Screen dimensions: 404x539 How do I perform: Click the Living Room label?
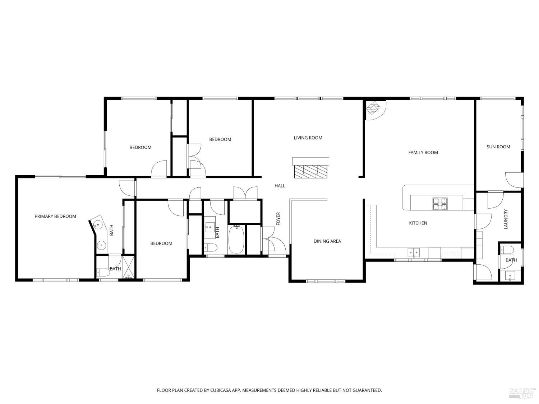308,138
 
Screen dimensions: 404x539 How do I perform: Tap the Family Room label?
423,153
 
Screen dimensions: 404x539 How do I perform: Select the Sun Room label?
498,147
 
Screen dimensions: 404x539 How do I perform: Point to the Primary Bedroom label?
55,217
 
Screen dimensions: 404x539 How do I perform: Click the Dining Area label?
327,241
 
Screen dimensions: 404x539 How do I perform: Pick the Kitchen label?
418,223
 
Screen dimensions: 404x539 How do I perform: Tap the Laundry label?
506,219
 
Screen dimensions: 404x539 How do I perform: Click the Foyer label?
278,219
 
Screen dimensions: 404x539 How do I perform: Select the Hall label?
280,186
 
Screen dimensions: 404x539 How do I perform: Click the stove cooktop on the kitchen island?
440,204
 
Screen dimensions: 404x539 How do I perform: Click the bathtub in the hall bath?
236,240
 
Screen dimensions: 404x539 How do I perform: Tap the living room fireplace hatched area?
310,171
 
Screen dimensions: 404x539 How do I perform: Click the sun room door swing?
513,180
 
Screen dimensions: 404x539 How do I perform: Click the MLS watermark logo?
522,392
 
